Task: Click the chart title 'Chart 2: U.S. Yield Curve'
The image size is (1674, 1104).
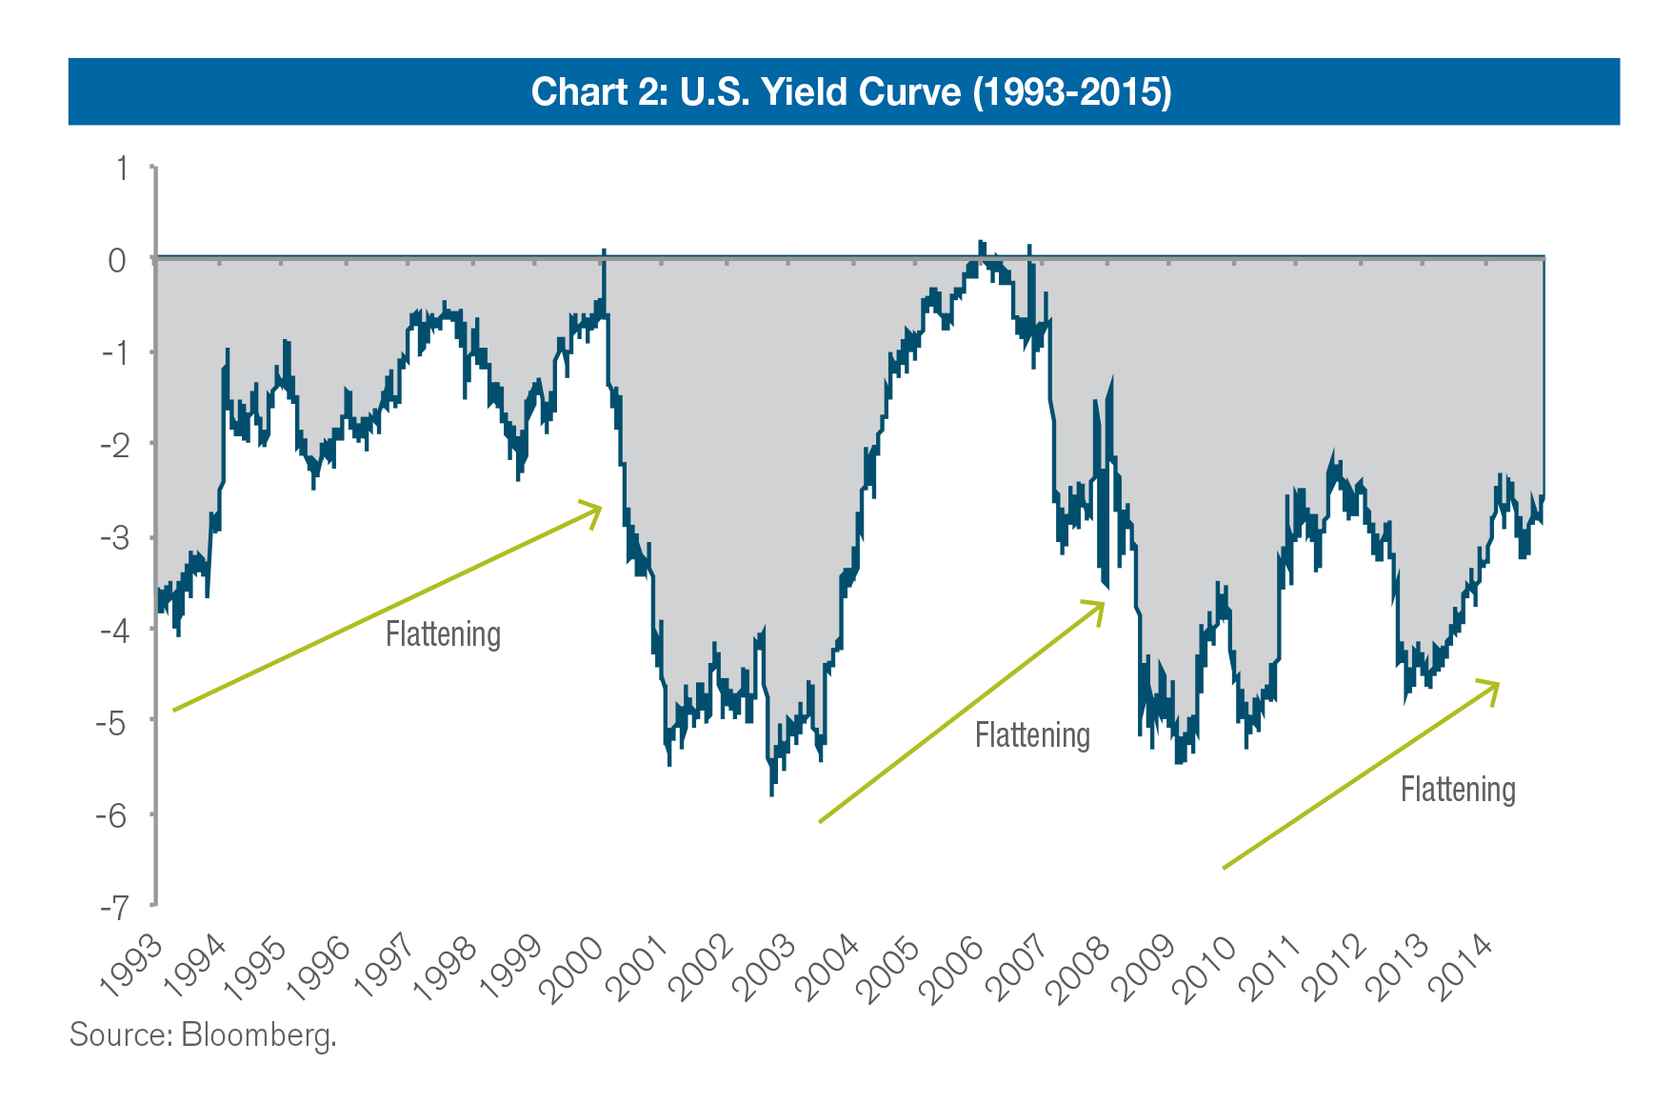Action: click(x=850, y=91)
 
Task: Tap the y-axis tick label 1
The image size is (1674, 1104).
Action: click(x=121, y=169)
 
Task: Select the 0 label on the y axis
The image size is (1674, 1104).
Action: click(x=117, y=260)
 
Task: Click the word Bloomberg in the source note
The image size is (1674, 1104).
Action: click(x=258, y=1034)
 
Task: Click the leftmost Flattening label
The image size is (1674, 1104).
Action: click(x=443, y=634)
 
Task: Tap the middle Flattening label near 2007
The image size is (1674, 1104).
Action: click(x=1032, y=735)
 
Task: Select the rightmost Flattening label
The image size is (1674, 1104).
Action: click(x=1458, y=790)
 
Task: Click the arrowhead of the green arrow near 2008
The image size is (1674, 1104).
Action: click(x=1101, y=605)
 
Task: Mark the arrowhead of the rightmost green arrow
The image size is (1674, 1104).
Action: click(x=1496, y=685)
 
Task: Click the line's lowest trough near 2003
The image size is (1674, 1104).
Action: click(x=771, y=793)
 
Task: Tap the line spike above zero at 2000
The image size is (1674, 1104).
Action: click(x=604, y=252)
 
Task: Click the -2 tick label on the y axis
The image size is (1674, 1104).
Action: click(x=114, y=446)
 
